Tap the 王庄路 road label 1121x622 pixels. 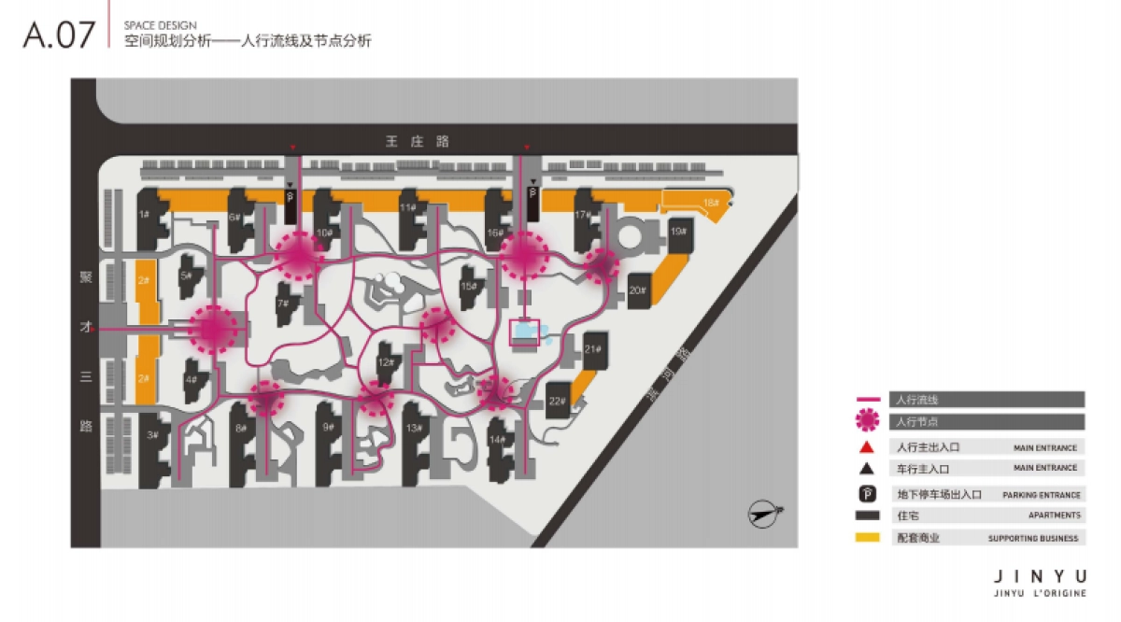click(418, 141)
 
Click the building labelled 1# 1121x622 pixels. click(146, 217)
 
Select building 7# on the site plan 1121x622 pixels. click(284, 304)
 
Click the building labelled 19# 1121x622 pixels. click(678, 233)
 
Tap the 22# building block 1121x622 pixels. click(558, 402)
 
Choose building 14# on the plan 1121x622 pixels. click(498, 440)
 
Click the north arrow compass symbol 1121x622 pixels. click(765, 511)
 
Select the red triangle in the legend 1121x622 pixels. click(867, 446)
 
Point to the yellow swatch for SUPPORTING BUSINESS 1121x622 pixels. click(868, 538)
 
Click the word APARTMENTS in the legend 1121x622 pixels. click(1055, 516)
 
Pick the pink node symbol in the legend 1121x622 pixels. click(868, 420)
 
